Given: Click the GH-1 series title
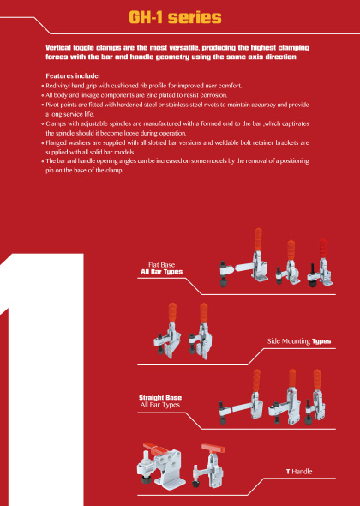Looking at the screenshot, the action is pos(175,18).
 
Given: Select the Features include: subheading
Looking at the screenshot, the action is pos(73,76).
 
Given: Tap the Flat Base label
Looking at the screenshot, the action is pos(162,265).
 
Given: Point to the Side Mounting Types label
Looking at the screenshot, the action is pos(299,341).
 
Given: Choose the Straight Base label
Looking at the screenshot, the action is pos(160,398).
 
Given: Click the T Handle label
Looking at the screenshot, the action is pos(299,472).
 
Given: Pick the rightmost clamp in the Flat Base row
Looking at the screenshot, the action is pos(320,263).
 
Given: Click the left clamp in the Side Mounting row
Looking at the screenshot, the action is pos(167,331).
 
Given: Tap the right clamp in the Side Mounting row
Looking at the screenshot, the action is pos(201,331).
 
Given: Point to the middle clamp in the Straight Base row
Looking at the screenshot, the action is pos(285,397).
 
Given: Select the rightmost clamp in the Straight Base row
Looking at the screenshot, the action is pos(315,397).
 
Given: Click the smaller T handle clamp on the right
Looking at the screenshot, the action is pos(209,466).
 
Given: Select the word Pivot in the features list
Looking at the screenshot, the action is pos(52,105).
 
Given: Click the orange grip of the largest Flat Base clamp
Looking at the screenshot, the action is pos(258,239).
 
